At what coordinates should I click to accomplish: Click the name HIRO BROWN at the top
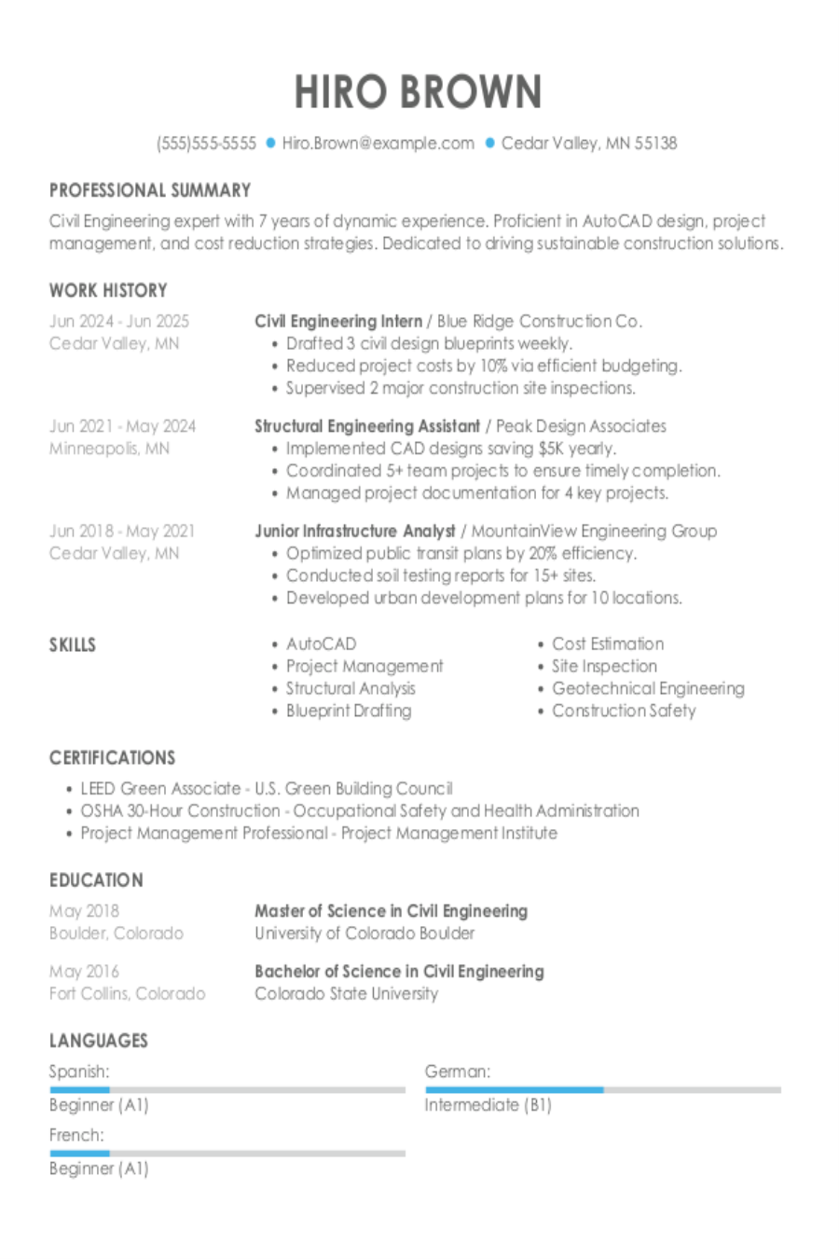click(418, 91)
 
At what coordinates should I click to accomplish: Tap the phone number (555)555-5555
click(206, 143)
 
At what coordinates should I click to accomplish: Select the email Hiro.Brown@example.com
click(378, 143)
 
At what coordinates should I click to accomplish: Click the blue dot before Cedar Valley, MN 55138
click(488, 143)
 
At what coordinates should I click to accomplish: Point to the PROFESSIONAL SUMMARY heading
click(150, 190)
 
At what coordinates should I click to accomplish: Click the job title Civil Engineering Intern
click(337, 321)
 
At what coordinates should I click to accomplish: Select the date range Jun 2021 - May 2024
click(122, 426)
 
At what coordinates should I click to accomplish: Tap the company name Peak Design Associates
click(581, 426)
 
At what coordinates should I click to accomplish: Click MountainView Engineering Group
click(594, 531)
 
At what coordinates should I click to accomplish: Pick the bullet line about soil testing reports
click(440, 575)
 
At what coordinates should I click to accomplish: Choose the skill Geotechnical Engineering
click(648, 688)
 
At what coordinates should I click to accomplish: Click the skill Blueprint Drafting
click(348, 711)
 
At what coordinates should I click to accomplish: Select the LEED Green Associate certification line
click(267, 788)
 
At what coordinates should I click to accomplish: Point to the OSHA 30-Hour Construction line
click(360, 810)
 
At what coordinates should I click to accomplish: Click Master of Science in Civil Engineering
click(391, 910)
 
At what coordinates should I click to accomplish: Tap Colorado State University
click(346, 993)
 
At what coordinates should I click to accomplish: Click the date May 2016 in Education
click(84, 971)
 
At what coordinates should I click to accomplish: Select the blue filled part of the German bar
click(514, 1089)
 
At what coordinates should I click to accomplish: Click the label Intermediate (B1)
click(488, 1105)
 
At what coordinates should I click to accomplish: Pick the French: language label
click(76, 1135)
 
